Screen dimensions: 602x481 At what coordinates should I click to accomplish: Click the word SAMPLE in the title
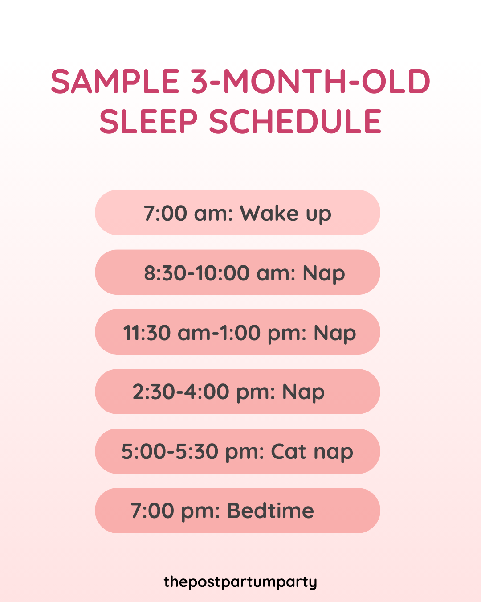[x=115, y=82]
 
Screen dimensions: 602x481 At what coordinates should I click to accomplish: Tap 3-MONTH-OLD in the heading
[x=310, y=82]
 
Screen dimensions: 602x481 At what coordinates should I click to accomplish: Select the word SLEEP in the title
[x=148, y=121]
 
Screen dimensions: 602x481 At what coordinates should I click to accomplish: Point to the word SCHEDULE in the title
[x=295, y=121]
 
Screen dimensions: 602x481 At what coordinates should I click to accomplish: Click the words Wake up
[x=285, y=214]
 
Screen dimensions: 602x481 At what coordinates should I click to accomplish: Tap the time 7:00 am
[x=188, y=214]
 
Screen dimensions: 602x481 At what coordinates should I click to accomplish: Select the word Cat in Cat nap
[x=289, y=452]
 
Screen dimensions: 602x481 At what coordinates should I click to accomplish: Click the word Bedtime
[x=270, y=511]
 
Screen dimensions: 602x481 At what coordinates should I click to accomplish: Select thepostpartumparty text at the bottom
[x=240, y=582]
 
